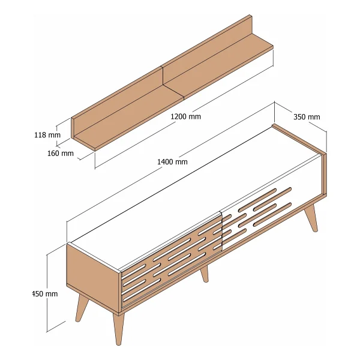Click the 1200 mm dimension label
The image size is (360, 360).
tap(185, 116)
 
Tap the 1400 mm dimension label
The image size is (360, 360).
tap(172, 162)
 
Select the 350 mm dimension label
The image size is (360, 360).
tap(307, 117)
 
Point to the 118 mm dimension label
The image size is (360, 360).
tap(47, 135)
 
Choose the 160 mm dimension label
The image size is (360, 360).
tap(61, 153)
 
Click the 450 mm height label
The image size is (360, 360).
tap(45, 293)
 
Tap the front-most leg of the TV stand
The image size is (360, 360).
tap(118, 328)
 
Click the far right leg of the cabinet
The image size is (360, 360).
tap(311, 218)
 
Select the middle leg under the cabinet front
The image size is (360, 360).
tap(205, 274)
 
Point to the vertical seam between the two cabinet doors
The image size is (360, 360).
tap(221, 232)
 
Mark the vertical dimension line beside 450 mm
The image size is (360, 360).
tap(47, 293)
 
